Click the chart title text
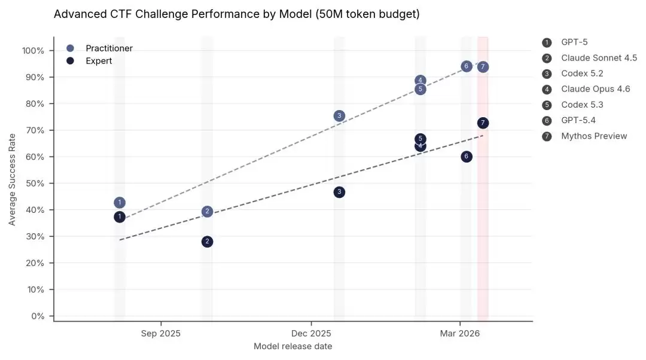[x=236, y=14]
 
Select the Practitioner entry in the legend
[x=109, y=48]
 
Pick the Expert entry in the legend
[x=99, y=61]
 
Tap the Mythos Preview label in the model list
[x=594, y=136]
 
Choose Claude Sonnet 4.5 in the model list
[x=599, y=58]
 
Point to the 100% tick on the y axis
[x=33, y=51]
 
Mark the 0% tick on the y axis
[x=38, y=316]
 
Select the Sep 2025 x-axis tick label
[x=161, y=333]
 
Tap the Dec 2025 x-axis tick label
[x=311, y=333]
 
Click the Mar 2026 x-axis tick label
[x=459, y=333]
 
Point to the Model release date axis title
[x=293, y=346]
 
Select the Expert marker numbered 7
[x=483, y=123]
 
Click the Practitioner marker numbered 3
[x=339, y=116]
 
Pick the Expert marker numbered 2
[x=207, y=242]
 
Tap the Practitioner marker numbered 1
[x=120, y=203]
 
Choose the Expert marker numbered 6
[x=467, y=157]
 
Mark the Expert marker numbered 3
[x=339, y=192]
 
